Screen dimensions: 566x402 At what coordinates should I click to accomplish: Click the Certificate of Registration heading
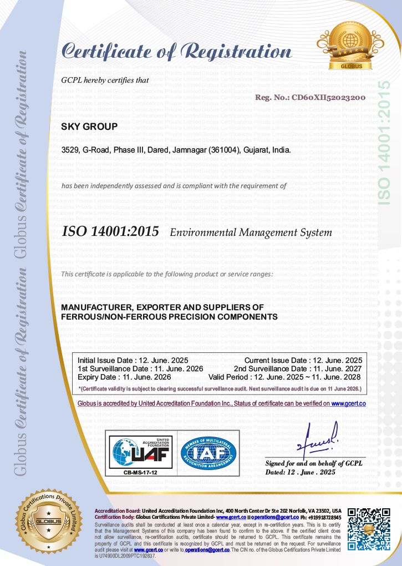tap(176, 51)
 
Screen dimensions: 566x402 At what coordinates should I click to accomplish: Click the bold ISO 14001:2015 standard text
tap(110, 231)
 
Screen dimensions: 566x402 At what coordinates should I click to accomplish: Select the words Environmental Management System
tap(251, 233)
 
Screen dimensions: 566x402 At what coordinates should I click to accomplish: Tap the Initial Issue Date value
tap(165, 360)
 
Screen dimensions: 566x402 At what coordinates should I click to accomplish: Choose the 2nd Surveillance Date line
tap(298, 368)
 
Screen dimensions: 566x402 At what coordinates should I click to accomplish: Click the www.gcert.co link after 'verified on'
tap(348, 403)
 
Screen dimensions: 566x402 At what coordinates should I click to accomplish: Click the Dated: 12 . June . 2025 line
tap(301, 472)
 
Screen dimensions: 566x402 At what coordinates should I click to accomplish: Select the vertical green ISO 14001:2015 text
tap(383, 141)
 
